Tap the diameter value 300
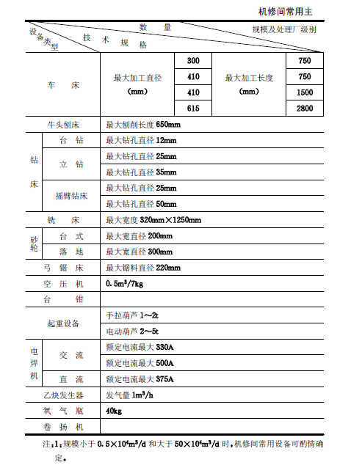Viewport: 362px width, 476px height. pos(194,60)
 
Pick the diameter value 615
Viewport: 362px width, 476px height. pos(194,109)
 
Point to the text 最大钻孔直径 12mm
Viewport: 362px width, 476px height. pos(142,140)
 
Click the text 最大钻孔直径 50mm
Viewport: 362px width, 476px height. pos(142,204)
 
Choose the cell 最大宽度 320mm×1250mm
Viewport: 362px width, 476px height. pos(153,220)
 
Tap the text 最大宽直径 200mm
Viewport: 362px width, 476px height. pos(140,236)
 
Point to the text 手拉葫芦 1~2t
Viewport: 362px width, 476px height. pos(134,315)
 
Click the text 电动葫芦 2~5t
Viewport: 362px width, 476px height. pos(134,331)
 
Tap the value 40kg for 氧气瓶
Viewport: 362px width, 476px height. pos(114,411)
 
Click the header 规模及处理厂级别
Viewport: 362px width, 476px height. pos(283,32)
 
